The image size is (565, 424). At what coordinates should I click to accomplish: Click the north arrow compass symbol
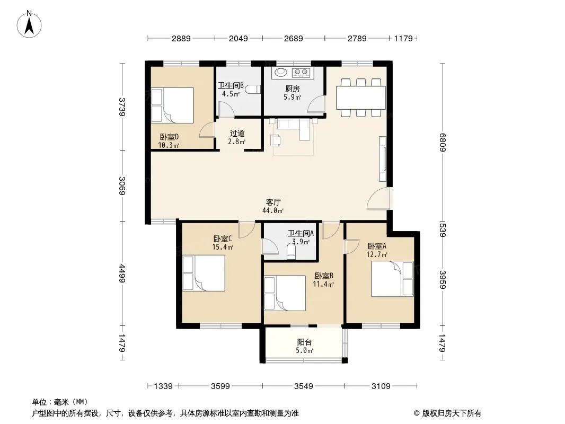pyautogui.click(x=29, y=24)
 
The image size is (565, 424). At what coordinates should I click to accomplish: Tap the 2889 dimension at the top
pyautogui.click(x=181, y=38)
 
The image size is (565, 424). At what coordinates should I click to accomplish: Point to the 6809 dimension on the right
pyautogui.click(x=443, y=143)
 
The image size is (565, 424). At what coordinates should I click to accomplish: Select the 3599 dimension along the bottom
pyautogui.click(x=220, y=386)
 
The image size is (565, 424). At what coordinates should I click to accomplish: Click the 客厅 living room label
pyautogui.click(x=273, y=202)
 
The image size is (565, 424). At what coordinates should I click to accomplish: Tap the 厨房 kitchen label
pyautogui.click(x=292, y=89)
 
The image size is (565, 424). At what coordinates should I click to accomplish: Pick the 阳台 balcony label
pyautogui.click(x=304, y=342)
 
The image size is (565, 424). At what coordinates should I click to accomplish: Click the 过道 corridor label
pyautogui.click(x=237, y=133)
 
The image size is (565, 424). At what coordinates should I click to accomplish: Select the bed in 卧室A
pyautogui.click(x=392, y=279)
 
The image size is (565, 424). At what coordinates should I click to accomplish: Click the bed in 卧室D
pyautogui.click(x=172, y=105)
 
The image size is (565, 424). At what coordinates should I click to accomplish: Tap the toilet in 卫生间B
pyautogui.click(x=254, y=89)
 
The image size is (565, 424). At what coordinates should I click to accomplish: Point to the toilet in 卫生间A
pyautogui.click(x=291, y=252)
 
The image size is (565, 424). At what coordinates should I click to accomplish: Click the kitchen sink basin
pyautogui.click(x=281, y=73)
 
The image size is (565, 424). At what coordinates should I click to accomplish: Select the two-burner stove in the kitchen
pyautogui.click(x=301, y=73)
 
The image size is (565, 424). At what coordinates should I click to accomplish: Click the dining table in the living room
pyautogui.click(x=361, y=98)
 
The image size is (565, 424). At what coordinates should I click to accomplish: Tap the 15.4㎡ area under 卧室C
pyautogui.click(x=222, y=247)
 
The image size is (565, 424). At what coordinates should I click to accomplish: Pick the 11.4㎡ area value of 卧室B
pyautogui.click(x=323, y=284)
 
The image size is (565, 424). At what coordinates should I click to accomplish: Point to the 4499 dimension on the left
pyautogui.click(x=122, y=273)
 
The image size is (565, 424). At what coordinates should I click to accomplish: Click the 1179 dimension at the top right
pyautogui.click(x=403, y=38)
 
